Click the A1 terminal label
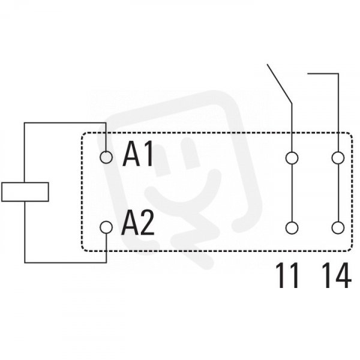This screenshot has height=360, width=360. (138, 154)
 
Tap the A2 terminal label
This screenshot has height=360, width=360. (138, 223)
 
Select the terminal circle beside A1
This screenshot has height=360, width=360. (106, 157)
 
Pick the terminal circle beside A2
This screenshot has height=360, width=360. (106, 227)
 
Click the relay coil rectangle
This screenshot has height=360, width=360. (25, 192)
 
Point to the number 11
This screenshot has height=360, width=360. (287, 275)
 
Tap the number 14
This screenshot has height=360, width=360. (337, 275)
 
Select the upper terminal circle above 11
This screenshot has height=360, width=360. (292, 158)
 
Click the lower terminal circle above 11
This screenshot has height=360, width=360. (292, 228)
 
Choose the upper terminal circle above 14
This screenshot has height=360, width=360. (338, 158)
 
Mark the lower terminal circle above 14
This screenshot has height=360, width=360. (338, 228)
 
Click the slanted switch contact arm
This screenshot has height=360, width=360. (280, 83)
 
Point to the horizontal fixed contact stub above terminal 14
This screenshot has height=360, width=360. (323, 73)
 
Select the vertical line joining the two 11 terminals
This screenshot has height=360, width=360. (292, 193)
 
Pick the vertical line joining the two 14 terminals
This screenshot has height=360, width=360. (338, 193)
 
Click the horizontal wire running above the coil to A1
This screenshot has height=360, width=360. (65, 123)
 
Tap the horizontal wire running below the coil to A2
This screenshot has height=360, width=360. (65, 262)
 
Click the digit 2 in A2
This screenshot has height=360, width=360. (147, 223)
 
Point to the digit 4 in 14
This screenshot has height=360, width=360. (343, 275)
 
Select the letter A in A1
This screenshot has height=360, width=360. (131, 154)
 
